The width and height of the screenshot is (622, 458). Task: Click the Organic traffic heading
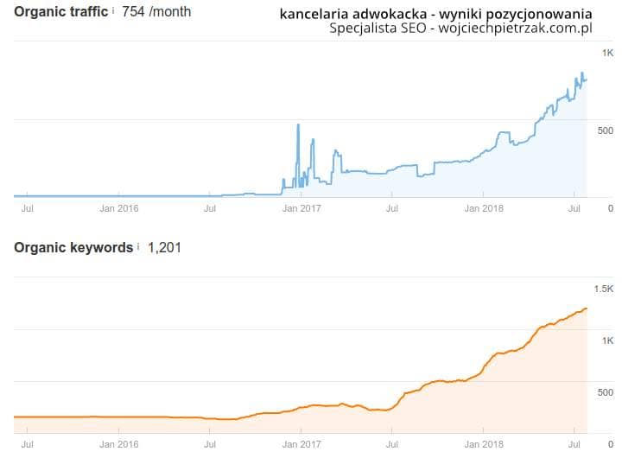coord(61,12)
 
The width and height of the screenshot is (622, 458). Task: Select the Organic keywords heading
coord(73,248)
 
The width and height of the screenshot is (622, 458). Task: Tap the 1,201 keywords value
coord(164,248)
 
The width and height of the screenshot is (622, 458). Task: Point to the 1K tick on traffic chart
coord(607,54)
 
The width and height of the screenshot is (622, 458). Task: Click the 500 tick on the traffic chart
coord(605,130)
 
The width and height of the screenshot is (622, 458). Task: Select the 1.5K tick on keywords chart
coord(603,289)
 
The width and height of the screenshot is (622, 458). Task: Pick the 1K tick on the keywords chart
coord(607,340)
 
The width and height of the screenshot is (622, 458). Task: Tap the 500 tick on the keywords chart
coord(605,392)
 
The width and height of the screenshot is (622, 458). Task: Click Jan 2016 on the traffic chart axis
coord(119,208)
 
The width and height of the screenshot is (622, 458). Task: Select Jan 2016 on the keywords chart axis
coord(119,443)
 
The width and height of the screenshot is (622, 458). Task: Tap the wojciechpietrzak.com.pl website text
coord(514,29)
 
